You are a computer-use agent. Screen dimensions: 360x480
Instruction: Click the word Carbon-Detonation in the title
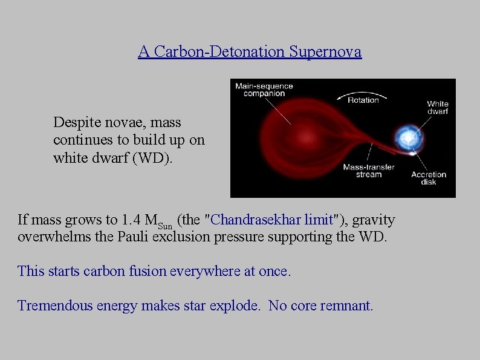tap(219, 51)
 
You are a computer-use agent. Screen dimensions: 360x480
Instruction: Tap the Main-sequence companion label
tap(264, 90)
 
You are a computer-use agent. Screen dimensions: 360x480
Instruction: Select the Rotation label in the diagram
tap(363, 100)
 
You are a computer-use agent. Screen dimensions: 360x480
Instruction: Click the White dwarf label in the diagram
tap(437, 108)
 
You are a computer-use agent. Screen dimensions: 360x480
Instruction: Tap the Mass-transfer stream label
tap(369, 170)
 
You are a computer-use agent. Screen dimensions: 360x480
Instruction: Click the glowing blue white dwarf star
tap(408, 139)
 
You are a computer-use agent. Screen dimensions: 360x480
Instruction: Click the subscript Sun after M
tap(165, 225)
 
